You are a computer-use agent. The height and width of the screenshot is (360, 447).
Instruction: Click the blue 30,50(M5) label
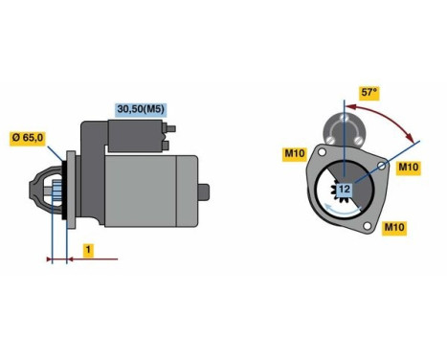point(141,109)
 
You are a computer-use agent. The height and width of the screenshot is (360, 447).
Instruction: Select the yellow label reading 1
point(87,250)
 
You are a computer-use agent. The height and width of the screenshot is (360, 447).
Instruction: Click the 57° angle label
point(369,92)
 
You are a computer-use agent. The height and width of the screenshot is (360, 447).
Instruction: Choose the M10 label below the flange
point(392,227)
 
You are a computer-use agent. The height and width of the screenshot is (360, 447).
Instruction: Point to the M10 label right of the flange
point(409,167)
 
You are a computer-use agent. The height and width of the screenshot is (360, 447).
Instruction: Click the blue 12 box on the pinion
point(343,190)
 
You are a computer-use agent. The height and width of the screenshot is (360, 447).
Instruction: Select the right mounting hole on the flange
point(383,168)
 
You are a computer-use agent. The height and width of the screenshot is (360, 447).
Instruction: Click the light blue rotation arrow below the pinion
point(330,205)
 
